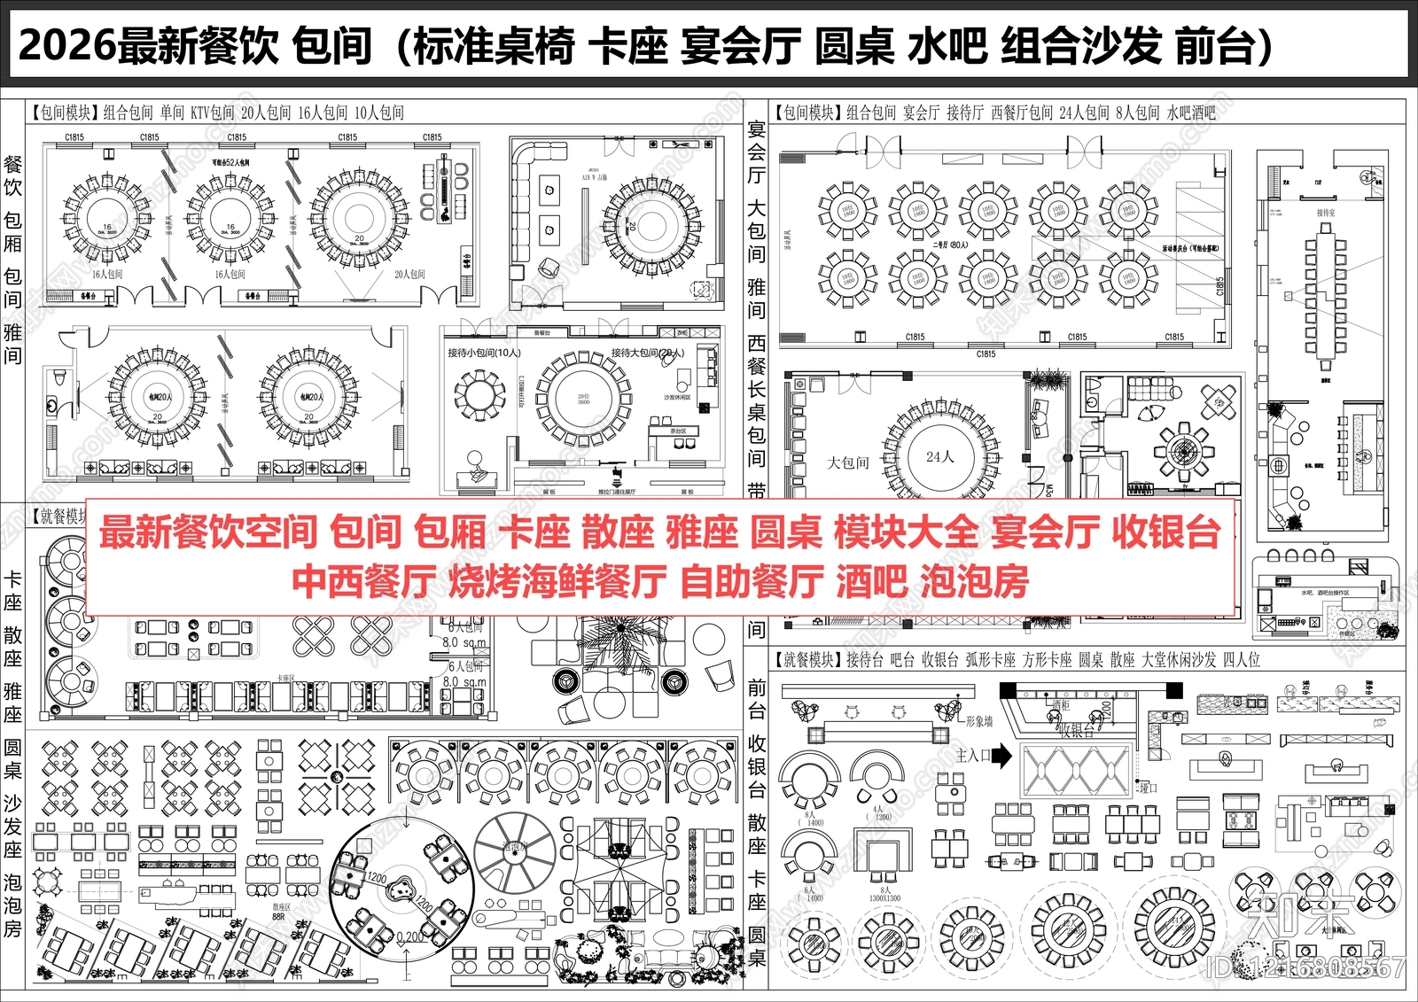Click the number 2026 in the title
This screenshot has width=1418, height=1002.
coord(66,46)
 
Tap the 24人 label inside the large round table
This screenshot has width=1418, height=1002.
coord(939,457)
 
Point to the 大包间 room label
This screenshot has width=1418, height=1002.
coord(848,462)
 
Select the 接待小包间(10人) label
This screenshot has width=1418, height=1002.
coord(484,353)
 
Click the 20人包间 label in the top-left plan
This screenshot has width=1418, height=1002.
coord(409,275)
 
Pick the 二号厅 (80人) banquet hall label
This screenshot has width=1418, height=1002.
coord(950,245)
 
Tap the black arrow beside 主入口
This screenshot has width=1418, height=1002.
coord(1001,756)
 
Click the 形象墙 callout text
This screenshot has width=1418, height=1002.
coord(978,722)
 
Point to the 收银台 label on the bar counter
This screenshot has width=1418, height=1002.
coord(1077,731)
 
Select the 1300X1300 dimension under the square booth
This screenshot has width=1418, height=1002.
coord(884,898)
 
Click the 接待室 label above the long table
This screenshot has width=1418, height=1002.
coord(1326,213)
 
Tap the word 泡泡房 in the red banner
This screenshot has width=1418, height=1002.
coord(975,582)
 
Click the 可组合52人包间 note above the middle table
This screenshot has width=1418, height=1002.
coord(230,163)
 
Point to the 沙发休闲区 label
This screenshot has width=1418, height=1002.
coord(678,398)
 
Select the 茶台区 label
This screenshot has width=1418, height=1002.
coord(678,431)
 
